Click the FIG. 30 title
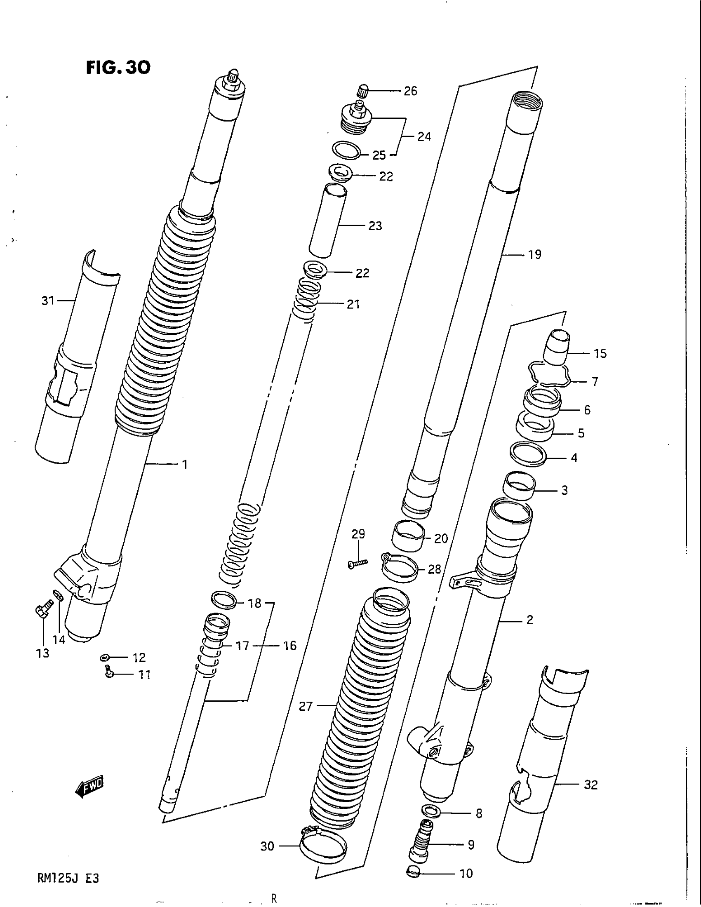[118, 67]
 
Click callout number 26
[410, 91]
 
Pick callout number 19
[535, 254]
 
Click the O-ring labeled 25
[346, 150]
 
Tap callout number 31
[48, 300]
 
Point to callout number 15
[600, 353]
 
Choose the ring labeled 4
[527, 454]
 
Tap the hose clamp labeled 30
[322, 845]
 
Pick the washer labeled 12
[105, 657]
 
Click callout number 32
[590, 785]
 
